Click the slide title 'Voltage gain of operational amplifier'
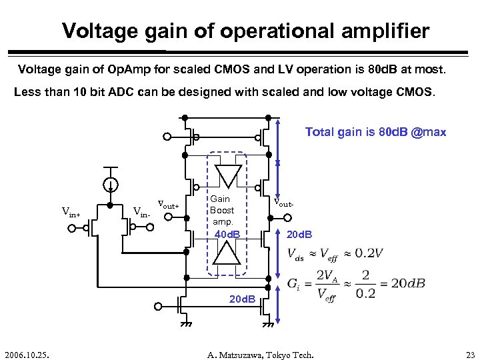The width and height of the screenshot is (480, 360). tap(245, 31)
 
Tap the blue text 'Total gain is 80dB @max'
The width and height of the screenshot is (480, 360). tap(375, 132)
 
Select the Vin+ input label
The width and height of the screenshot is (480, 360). tap(71, 213)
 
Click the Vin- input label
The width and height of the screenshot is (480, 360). tap(142, 213)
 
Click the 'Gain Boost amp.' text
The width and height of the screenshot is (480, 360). tap(222, 210)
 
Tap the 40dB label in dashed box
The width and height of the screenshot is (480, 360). tap(227, 234)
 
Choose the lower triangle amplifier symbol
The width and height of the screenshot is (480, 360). tap(227, 253)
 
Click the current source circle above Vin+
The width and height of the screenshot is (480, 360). tap(111, 185)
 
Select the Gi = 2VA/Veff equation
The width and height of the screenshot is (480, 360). tap(357, 284)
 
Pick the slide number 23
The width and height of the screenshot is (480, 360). tap(468, 353)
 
